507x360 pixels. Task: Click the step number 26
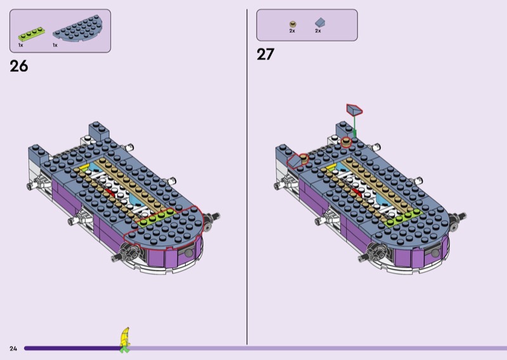19,66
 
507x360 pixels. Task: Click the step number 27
266,54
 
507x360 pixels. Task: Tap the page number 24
13,349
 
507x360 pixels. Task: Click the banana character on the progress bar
125,340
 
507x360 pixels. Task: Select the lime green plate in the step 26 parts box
31,34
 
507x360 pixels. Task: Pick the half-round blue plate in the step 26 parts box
78,29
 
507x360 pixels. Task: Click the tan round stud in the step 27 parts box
293,24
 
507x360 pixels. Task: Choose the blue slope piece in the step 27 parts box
320,22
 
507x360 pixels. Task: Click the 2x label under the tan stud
292,31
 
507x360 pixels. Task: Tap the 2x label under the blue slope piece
318,31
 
